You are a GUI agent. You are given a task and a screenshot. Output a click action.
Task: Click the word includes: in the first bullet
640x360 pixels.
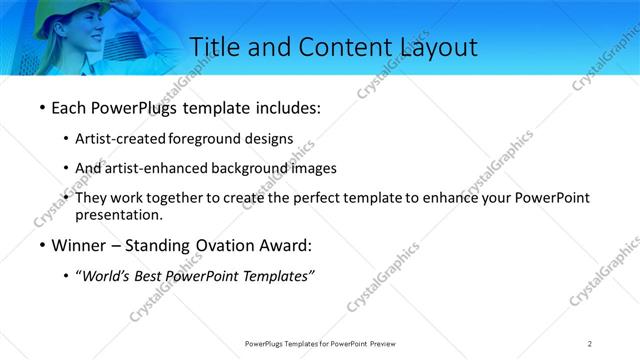click(289, 107)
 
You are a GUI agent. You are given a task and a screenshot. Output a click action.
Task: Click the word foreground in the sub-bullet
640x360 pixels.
click(207, 139)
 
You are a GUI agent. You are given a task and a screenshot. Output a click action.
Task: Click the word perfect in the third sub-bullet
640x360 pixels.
click(319, 198)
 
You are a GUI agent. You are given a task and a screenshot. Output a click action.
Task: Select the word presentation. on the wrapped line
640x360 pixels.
click(119, 214)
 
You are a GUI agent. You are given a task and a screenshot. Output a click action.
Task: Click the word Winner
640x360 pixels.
click(78, 246)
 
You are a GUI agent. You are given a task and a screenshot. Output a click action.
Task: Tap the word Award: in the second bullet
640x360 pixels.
click(287, 246)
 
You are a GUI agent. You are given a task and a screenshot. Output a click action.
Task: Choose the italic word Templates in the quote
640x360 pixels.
click(279, 276)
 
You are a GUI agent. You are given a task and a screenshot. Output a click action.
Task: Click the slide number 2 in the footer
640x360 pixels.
click(590, 343)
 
